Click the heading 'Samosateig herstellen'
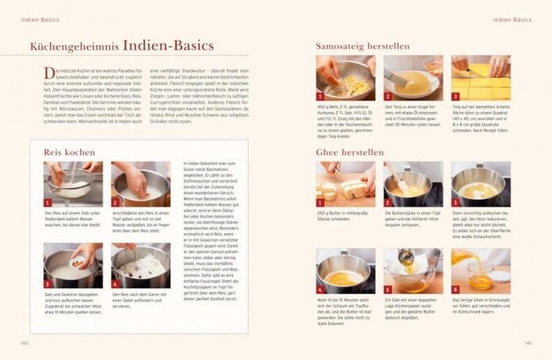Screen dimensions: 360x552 coord(362,46)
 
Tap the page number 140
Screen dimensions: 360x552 coord(25,342)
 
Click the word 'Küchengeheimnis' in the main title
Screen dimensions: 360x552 coord(74,47)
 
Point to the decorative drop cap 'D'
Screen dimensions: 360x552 coord(49,73)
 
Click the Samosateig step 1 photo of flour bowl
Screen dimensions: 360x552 coord(345,78)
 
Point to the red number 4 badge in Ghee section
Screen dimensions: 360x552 coord(320,289)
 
